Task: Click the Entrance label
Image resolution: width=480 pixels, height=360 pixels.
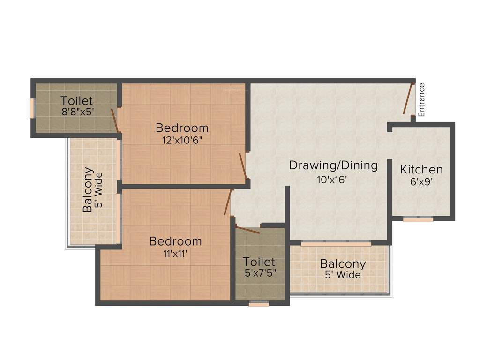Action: pyautogui.click(x=421, y=99)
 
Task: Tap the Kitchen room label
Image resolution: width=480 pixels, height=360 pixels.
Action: pyautogui.click(x=421, y=170)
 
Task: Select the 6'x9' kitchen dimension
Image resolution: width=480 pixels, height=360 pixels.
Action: pyautogui.click(x=421, y=182)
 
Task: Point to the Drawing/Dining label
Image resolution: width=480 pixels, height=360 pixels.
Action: pyautogui.click(x=333, y=165)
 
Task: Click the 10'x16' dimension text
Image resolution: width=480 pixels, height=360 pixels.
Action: pyautogui.click(x=332, y=179)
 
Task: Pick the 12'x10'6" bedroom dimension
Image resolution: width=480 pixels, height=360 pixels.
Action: pyautogui.click(x=182, y=140)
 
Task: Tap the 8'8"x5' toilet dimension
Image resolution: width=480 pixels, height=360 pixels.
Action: pyautogui.click(x=77, y=112)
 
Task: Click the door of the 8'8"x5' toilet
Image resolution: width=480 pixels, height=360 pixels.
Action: pyautogui.click(x=114, y=119)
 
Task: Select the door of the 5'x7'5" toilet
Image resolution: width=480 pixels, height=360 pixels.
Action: pyautogui.click(x=247, y=230)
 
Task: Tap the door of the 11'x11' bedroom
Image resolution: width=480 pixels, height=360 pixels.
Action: pyautogui.click(x=228, y=202)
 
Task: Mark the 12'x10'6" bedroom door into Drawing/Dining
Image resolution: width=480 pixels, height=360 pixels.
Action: pyautogui.click(x=243, y=165)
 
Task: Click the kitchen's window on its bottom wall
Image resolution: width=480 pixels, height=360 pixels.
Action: pyautogui.click(x=418, y=218)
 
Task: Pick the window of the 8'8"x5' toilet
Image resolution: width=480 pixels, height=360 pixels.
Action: pyautogui.click(x=32, y=108)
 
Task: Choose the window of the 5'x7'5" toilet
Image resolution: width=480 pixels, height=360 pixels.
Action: pyautogui.click(x=258, y=304)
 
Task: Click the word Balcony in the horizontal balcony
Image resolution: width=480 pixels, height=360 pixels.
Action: pyautogui.click(x=343, y=263)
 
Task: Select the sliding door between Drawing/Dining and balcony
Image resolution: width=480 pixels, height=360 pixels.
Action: pyautogui.click(x=336, y=244)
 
